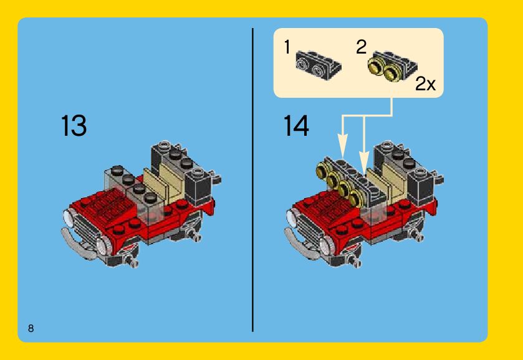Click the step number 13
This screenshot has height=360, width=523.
tap(74, 125)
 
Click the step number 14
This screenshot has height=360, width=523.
tap(296, 125)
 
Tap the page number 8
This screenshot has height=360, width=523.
tap(31, 328)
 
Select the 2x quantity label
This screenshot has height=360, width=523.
tap(425, 83)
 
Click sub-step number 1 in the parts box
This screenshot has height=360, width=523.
tap(287, 47)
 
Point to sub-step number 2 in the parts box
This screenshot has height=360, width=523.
tap(361, 47)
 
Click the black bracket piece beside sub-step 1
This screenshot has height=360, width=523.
tap(318, 65)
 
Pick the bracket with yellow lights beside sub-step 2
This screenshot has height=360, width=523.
tap(392, 67)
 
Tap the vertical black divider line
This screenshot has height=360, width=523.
tap(253, 180)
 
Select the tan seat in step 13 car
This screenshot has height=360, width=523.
tap(167, 182)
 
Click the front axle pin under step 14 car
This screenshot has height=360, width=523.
tap(354, 261)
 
